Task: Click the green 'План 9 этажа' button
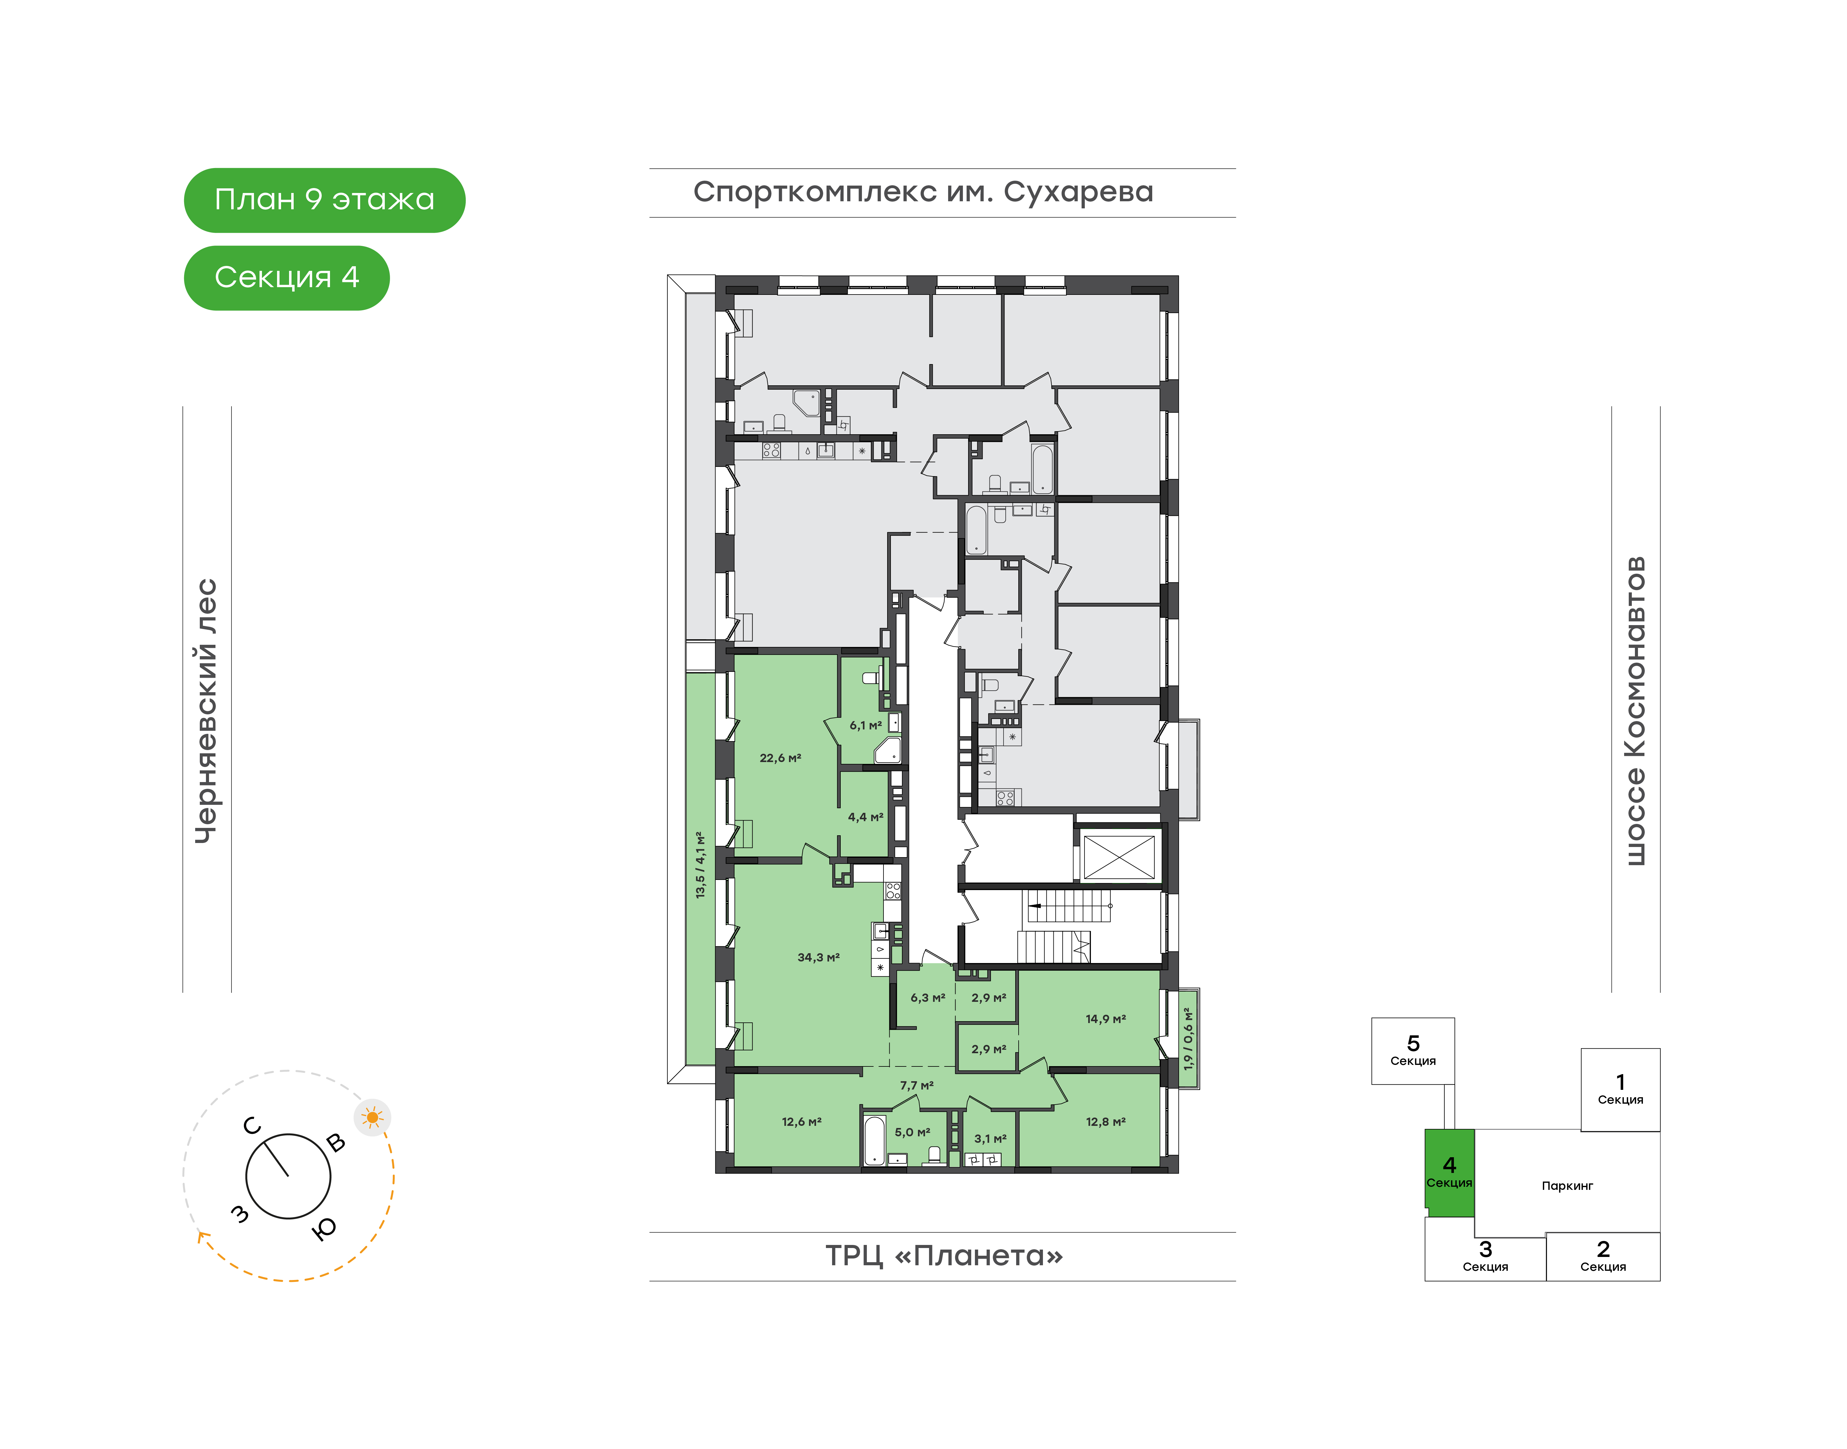[x=324, y=200]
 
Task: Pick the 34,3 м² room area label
[x=819, y=958]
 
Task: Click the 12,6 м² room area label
[x=802, y=1122]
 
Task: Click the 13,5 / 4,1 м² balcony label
[x=700, y=865]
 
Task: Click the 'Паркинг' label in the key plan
[x=1567, y=1186]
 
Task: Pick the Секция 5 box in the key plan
[x=1413, y=1051]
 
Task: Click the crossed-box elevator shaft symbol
[x=1119, y=857]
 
